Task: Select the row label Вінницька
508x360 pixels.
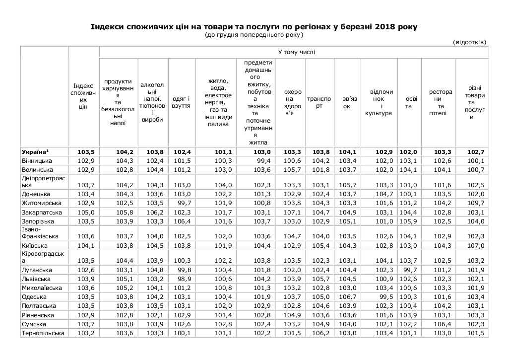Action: click(37, 161)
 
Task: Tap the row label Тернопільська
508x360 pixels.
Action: click(44, 333)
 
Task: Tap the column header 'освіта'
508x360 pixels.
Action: click(408, 102)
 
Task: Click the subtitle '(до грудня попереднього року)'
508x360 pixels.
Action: click(254, 35)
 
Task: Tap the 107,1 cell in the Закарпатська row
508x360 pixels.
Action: click(293, 212)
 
